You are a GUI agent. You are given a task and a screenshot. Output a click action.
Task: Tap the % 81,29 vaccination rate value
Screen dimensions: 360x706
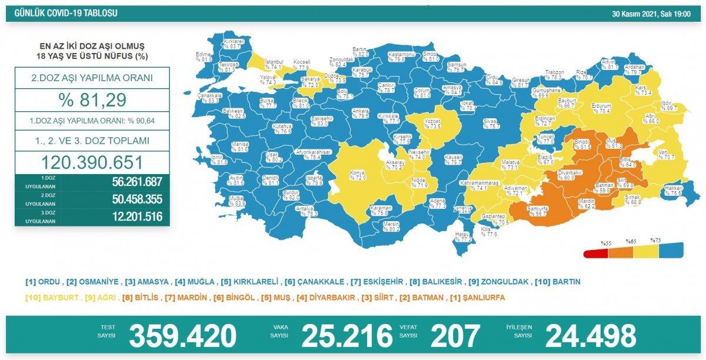92,100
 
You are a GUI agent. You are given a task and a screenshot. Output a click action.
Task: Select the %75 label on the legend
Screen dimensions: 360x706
655,241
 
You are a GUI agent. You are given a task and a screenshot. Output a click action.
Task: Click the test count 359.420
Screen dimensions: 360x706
183,336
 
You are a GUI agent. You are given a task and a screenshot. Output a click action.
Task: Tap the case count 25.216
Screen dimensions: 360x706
346,336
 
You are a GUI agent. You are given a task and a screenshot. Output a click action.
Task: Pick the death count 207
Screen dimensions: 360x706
455,336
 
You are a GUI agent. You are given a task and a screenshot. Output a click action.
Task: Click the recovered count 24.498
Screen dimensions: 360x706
590,336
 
